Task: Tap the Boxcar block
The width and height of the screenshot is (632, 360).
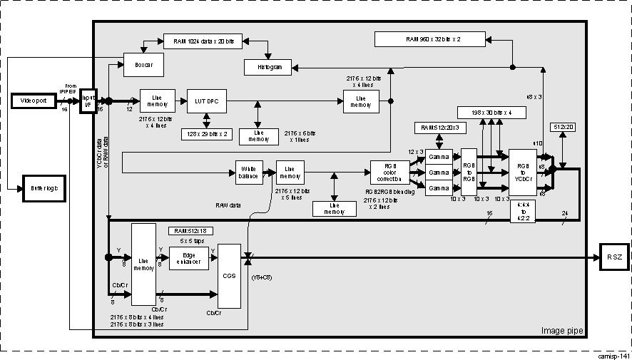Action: click(143, 65)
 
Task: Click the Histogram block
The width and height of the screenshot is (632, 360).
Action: click(265, 67)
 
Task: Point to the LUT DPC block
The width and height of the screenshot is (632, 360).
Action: click(206, 101)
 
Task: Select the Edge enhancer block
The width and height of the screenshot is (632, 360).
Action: click(189, 257)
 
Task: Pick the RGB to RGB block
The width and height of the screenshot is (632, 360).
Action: click(468, 173)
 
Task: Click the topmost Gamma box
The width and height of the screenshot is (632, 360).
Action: click(439, 157)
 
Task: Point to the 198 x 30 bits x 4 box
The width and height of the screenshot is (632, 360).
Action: click(494, 112)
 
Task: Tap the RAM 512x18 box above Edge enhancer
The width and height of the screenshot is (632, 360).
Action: click(190, 231)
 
